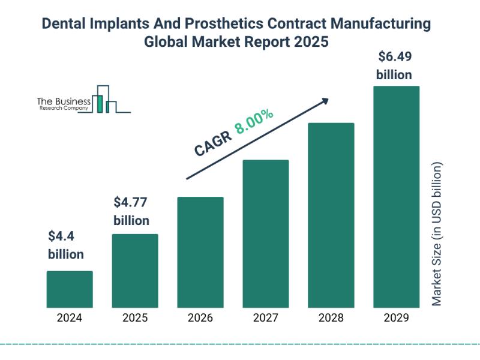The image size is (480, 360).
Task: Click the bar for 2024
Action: tap(70, 289)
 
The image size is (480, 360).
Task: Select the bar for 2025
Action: tap(135, 271)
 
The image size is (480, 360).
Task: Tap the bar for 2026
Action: tap(200, 252)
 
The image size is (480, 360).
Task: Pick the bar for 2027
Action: tap(266, 233)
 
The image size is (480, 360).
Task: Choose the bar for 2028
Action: tap(331, 215)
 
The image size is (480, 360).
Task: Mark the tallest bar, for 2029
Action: tap(396, 196)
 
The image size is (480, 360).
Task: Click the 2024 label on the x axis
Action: tap(70, 319)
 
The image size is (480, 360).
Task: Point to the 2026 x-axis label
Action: tap(200, 319)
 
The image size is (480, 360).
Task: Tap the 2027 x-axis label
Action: tap(266, 319)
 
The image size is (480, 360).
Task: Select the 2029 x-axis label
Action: tap(396, 319)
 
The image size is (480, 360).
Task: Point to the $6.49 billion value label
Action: tap(394, 66)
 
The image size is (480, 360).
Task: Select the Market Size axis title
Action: tap(437, 233)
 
